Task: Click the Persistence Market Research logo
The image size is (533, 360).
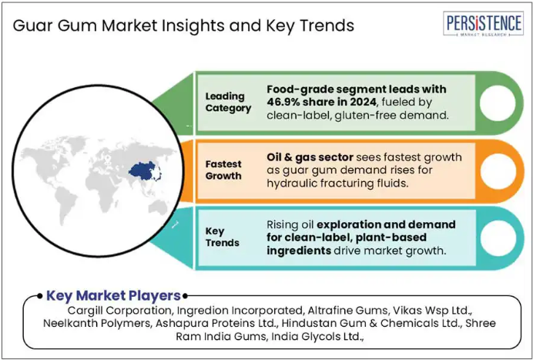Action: click(x=483, y=24)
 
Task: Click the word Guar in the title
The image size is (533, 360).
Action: click(x=32, y=26)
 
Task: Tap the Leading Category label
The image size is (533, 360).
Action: click(x=228, y=102)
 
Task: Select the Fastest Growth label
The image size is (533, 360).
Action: click(x=223, y=170)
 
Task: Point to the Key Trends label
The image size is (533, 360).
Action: click(x=223, y=237)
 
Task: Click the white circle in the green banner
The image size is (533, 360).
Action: click(x=498, y=103)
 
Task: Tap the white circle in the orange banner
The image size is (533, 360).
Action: click(x=498, y=171)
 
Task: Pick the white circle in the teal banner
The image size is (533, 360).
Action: click(x=498, y=238)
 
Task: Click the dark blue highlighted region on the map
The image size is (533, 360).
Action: click(x=144, y=171)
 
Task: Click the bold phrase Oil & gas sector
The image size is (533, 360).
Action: click(x=310, y=156)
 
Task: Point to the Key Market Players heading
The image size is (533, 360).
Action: click(x=113, y=295)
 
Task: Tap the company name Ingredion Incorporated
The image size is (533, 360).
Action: click(x=240, y=311)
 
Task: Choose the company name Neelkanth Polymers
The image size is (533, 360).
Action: click(x=97, y=323)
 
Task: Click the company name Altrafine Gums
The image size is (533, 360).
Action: click(x=348, y=311)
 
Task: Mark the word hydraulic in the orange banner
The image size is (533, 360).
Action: click(x=290, y=183)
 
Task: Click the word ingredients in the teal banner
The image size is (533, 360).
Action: click(x=299, y=251)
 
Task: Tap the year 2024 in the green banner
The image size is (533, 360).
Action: click(x=364, y=102)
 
